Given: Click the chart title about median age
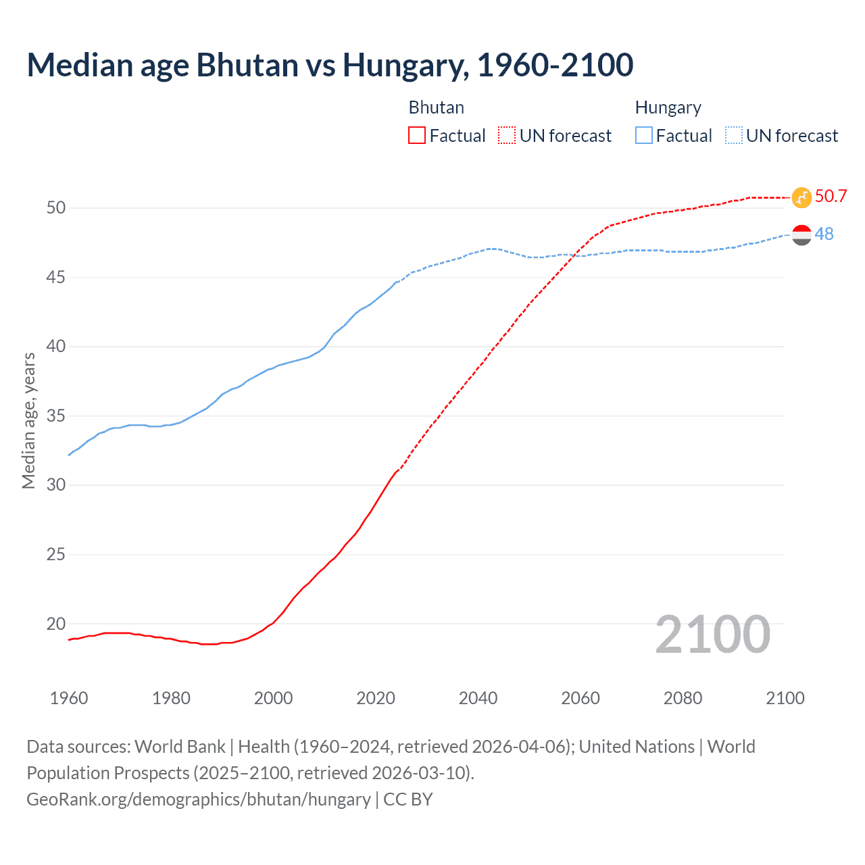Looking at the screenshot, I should coord(330,65).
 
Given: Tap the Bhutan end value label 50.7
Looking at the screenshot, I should coord(831,197).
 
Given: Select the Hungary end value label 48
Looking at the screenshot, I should coord(824,234).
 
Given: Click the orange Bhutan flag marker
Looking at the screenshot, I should coord(801,197).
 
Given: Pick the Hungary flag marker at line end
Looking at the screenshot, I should coord(801,235).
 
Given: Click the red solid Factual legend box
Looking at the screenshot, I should coord(417,136).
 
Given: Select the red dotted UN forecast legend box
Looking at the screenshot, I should coord(507,136).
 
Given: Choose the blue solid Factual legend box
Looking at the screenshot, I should coord(644,136).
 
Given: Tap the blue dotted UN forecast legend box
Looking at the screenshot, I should coord(733,136).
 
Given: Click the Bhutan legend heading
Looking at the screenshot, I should coord(437,107).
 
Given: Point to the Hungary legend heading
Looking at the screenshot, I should coord(668,107).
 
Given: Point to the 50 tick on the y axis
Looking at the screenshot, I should coord(56,207).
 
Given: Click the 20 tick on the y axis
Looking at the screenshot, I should coord(56,624).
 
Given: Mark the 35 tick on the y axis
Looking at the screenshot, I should coord(56,416).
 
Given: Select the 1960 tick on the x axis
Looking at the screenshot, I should coord(69,698).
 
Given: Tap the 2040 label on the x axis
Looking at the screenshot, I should coord(478,698).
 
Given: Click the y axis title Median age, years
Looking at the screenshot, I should coord(28,420).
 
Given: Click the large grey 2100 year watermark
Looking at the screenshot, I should coord(712,635).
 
